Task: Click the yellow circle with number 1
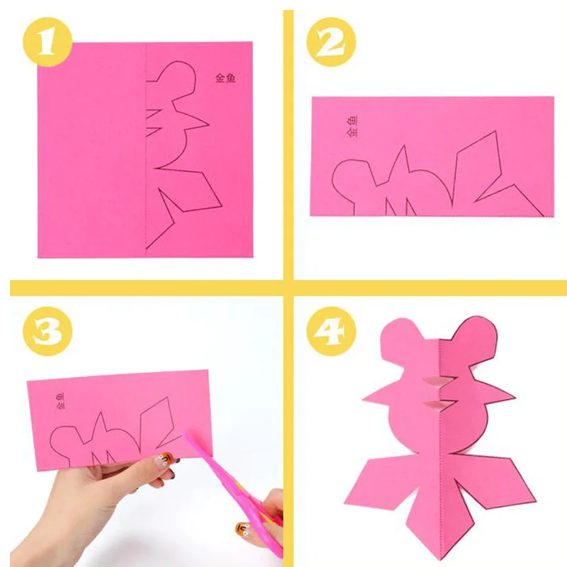pyautogui.click(x=47, y=42)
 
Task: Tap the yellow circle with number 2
pyautogui.click(x=331, y=42)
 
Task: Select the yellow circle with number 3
pyautogui.click(x=47, y=331)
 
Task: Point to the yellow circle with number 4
pyautogui.click(x=331, y=331)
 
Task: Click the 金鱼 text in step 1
pyautogui.click(x=225, y=78)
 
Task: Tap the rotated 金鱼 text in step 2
pyautogui.click(x=352, y=126)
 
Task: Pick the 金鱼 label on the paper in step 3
pyautogui.click(x=61, y=401)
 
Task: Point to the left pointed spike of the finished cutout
pyautogui.click(x=376, y=397)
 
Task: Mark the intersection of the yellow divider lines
pyautogui.click(x=288, y=288)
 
